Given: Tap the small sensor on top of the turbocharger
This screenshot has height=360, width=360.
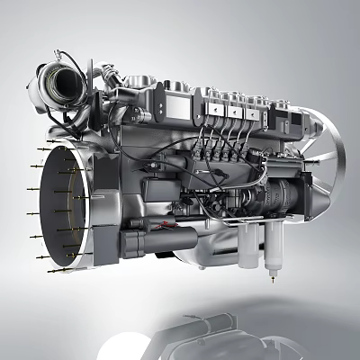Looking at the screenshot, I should tap(61, 55).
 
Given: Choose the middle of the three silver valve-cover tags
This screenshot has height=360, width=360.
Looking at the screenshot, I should tap(237, 113).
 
